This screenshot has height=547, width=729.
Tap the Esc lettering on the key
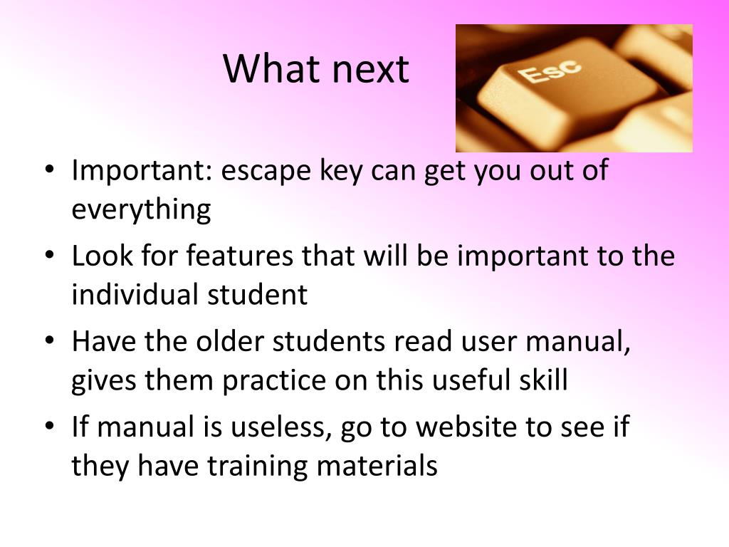pos(549,71)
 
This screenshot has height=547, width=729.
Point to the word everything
pos(142,210)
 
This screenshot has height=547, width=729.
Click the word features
pos(240,256)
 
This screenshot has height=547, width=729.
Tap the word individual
pos(135,294)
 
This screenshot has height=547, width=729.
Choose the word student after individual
pos(257,295)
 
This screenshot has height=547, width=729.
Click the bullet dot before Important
pos(50,169)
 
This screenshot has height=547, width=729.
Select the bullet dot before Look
pos(50,254)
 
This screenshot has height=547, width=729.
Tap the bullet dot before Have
pos(50,340)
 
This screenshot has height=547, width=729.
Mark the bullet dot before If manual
pos(50,426)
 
